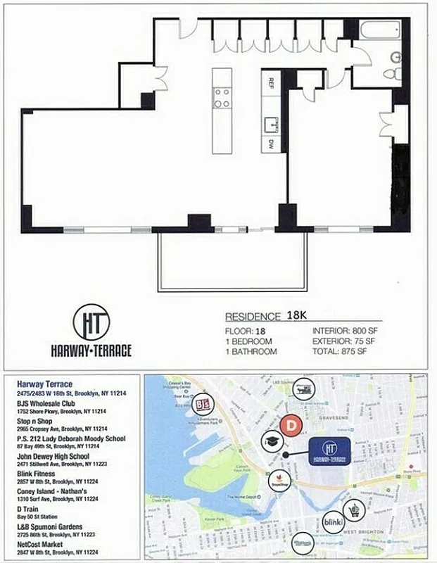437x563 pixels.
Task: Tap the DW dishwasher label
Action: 270,145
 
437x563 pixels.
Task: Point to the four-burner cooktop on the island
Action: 222,97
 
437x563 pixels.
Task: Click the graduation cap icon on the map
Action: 272,442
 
